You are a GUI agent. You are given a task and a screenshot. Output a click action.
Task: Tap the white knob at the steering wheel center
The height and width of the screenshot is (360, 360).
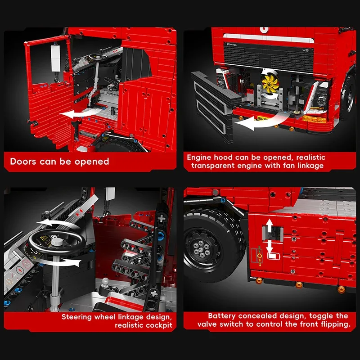tap(57, 242)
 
